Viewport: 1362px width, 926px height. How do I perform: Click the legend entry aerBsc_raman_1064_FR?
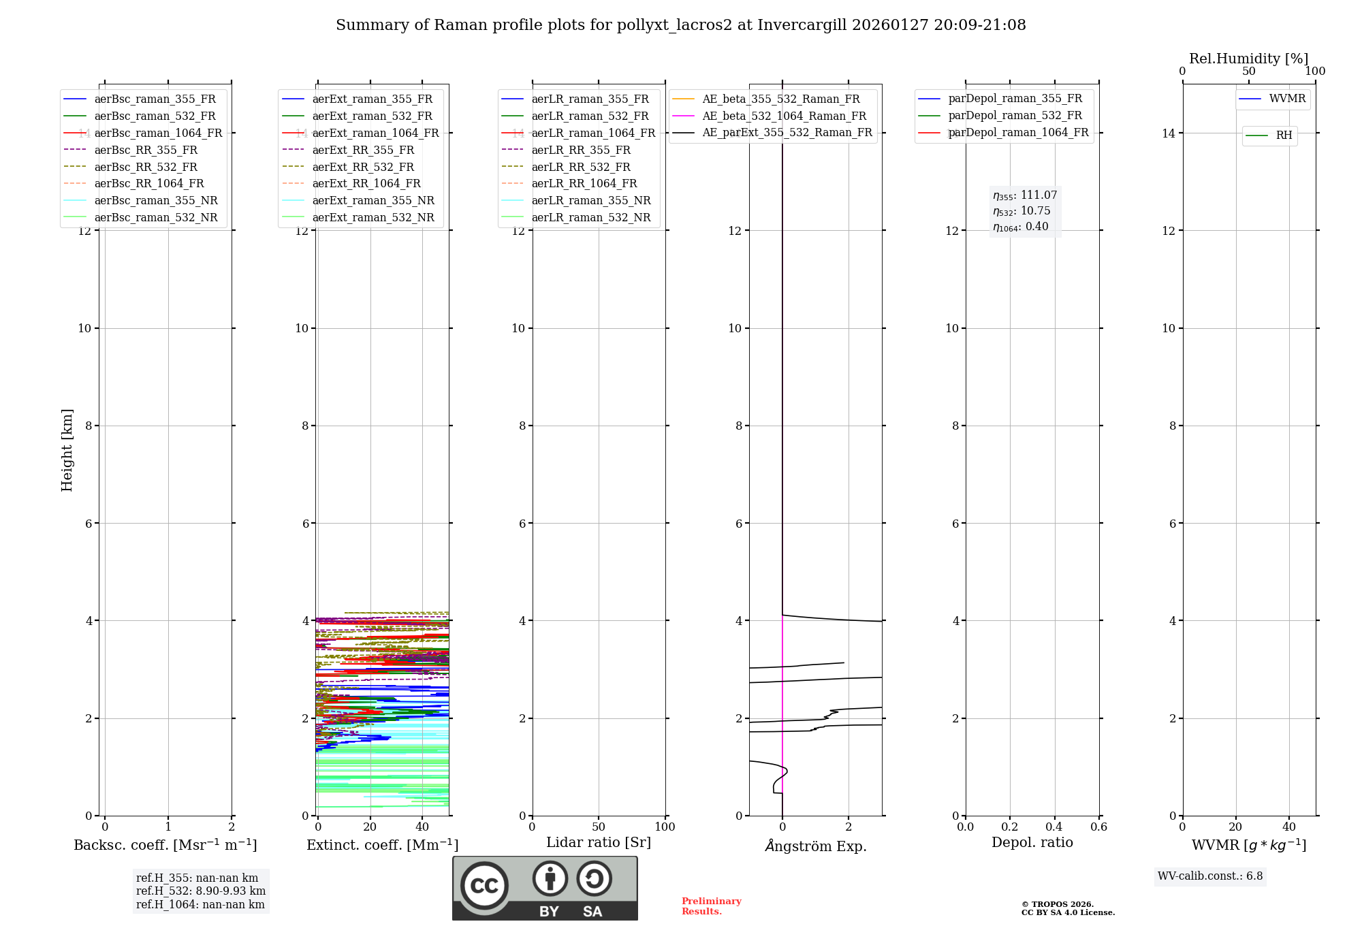158,133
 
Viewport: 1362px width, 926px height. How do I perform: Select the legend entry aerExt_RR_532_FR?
362,167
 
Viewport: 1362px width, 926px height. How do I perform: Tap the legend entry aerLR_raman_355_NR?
590,200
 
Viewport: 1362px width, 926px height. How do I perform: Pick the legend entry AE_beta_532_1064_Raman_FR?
784,116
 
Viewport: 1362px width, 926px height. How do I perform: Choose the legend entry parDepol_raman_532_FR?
1015,116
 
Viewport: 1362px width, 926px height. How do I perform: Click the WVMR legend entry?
1287,99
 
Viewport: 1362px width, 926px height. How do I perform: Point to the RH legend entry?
1284,135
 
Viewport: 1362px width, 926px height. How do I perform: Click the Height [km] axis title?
67,450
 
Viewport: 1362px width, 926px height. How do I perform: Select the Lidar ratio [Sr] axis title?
599,842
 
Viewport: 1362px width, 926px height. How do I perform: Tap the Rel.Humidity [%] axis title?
1248,59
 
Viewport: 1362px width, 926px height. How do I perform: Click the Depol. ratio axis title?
1032,842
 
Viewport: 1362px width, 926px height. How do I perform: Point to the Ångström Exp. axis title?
815,846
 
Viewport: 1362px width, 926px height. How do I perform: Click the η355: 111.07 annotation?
1025,195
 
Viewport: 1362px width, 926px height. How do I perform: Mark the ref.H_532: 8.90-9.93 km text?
201,891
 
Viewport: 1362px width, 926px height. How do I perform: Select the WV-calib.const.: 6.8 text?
1210,876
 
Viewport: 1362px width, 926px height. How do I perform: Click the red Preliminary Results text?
711,906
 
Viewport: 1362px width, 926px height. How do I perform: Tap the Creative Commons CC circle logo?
484,885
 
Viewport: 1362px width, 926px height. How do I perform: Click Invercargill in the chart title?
802,25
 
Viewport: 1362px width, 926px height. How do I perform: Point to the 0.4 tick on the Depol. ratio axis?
1054,827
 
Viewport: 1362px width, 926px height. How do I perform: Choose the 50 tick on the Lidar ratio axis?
599,827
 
